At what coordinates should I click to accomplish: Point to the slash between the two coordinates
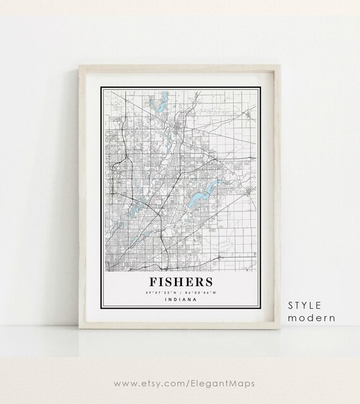(181, 292)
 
